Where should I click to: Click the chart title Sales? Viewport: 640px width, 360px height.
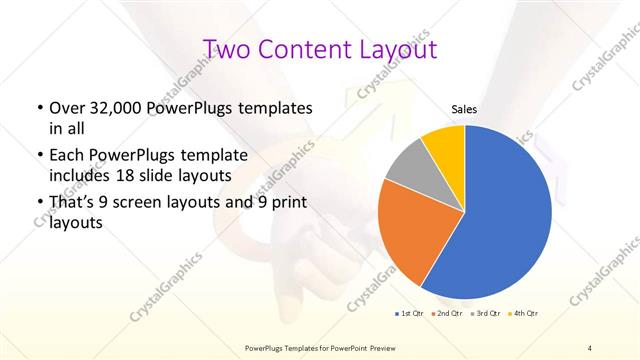(x=464, y=108)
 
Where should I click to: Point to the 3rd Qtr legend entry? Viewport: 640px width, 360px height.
(x=487, y=314)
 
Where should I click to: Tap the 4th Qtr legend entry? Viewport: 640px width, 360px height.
(x=525, y=314)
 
